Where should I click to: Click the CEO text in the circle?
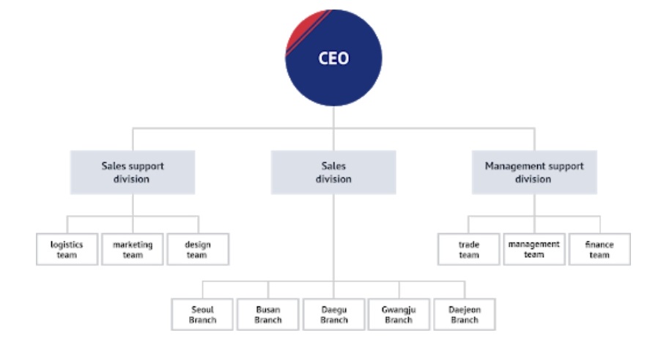click(x=333, y=58)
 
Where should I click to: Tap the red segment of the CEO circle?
click(x=303, y=30)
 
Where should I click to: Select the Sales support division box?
click(x=133, y=172)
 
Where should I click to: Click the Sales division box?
click(x=333, y=172)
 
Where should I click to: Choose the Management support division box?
click(x=534, y=172)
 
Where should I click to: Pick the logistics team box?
click(x=67, y=249)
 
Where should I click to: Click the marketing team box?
click(x=133, y=249)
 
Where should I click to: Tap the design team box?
click(x=198, y=249)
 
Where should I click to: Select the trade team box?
click(x=468, y=249)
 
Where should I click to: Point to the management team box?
click(x=534, y=249)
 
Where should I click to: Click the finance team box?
click(x=600, y=249)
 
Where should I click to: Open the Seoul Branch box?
click(x=202, y=315)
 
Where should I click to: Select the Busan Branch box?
click(x=267, y=315)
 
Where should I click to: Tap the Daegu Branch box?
click(x=333, y=315)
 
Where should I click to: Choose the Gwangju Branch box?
click(x=399, y=315)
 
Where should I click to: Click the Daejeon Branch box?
click(x=465, y=315)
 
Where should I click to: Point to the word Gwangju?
click(x=399, y=310)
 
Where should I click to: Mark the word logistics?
click(x=67, y=245)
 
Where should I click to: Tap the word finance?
click(x=599, y=245)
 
